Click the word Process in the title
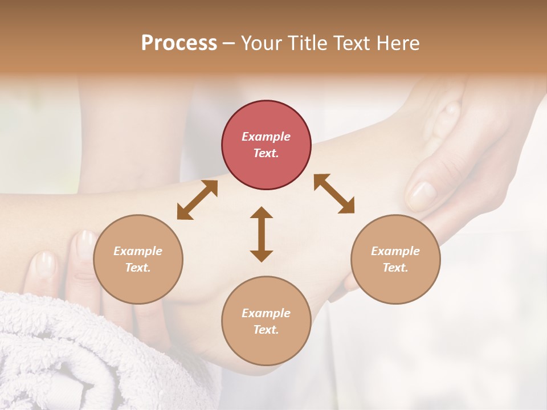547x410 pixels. [x=179, y=43]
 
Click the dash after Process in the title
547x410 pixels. [x=229, y=44]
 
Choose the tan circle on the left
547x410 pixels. [x=138, y=259]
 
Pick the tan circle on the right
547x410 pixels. [x=395, y=259]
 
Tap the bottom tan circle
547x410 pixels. [x=266, y=321]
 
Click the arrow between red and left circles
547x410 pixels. [x=197, y=200]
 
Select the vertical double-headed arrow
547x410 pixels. [x=262, y=234]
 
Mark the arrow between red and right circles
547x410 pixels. [x=334, y=194]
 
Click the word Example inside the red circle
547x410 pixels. [x=266, y=137]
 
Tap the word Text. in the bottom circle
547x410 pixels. [x=266, y=330]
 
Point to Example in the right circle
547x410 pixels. [x=395, y=251]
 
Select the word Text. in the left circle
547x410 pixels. [x=138, y=268]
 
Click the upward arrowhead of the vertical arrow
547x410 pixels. [x=262, y=212]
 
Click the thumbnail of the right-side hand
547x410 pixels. [x=422, y=193]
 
